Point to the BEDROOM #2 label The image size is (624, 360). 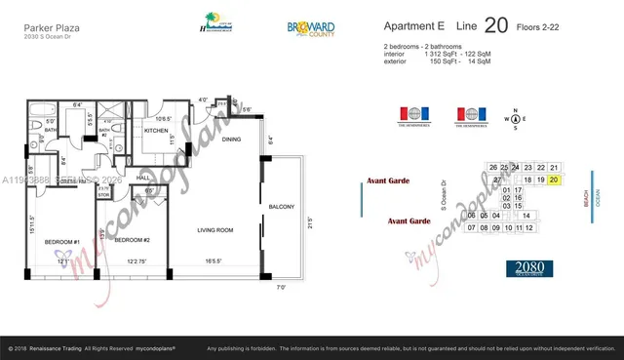(x=132, y=239)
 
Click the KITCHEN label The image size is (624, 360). (x=158, y=130)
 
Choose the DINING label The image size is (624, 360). (x=231, y=140)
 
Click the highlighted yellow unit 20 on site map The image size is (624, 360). (x=554, y=180)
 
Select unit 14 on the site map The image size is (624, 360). (x=526, y=215)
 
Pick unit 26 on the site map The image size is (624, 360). (x=493, y=168)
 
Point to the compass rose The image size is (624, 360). (x=508, y=122)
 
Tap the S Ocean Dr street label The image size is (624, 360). (x=444, y=194)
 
